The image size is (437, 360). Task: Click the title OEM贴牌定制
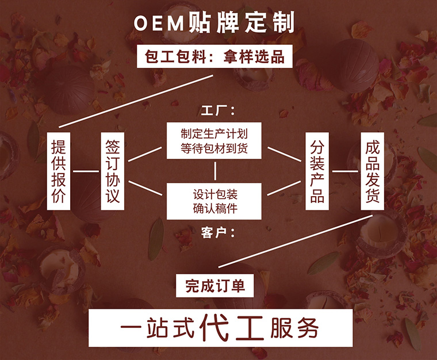[x=214, y=22]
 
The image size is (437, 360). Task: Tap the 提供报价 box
[x=59, y=171]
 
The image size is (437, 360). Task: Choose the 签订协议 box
[x=113, y=171]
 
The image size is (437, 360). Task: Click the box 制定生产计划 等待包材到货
[x=214, y=141]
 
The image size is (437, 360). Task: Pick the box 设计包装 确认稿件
[x=214, y=200]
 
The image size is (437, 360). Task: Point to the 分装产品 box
[x=317, y=171]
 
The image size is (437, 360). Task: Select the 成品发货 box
[x=372, y=171]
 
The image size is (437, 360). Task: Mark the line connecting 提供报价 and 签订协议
[x=86, y=171]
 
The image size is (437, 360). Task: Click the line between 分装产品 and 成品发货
[x=345, y=171]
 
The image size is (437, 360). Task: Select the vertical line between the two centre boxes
[x=215, y=171]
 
